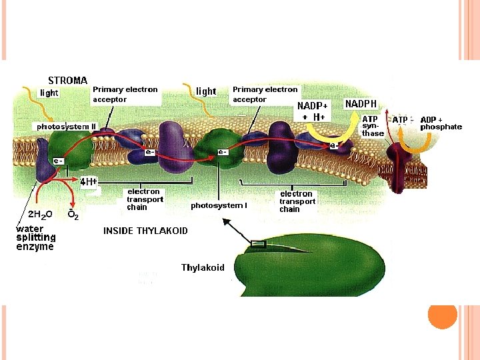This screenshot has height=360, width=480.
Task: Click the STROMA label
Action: tap(67, 80)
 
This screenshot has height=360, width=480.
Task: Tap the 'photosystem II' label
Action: tap(66, 126)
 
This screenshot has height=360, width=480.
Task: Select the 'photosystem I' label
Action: tap(219, 205)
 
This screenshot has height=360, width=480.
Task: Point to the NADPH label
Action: tap(361, 104)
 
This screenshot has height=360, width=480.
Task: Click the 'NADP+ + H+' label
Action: tap(313, 111)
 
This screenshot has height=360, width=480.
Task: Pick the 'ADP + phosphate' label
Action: tap(441, 123)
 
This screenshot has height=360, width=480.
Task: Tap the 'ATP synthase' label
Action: tap(372, 126)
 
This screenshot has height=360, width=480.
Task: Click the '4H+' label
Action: tap(89, 181)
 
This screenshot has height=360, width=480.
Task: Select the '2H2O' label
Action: tap(39, 215)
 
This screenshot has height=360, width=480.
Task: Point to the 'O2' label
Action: tap(73, 215)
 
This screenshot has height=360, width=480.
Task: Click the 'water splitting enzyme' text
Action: tap(35, 237)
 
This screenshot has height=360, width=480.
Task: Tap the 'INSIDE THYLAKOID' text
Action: tap(145, 231)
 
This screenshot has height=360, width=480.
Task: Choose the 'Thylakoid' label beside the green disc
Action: tap(203, 267)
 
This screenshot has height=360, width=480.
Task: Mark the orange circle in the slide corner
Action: tap(442, 315)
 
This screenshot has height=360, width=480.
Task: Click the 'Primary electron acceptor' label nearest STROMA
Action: tap(125, 94)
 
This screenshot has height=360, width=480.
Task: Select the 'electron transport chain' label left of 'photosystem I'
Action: tap(145, 199)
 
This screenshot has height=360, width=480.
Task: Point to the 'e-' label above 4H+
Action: tap(59, 161)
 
